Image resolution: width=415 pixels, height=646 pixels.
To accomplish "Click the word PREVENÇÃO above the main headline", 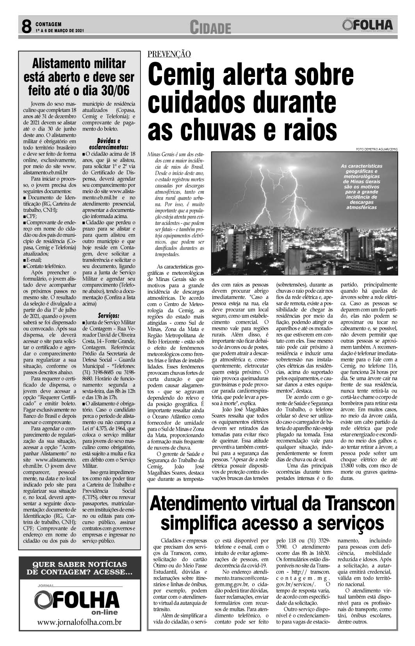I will [169, 54].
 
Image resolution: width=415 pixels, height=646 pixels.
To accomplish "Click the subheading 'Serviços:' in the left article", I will [109, 315].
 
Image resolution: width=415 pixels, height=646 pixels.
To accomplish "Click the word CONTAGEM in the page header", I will [49, 24].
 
